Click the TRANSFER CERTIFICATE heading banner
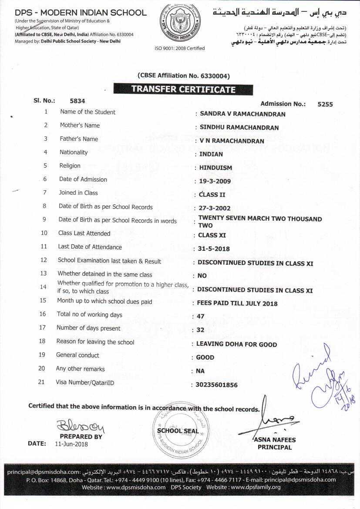pyautogui.click(x=183, y=89)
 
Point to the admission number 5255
pyautogui.click(x=325, y=104)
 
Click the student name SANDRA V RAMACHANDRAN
pyautogui.click(x=242, y=114)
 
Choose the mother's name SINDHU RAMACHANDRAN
pyautogui.click(x=239, y=128)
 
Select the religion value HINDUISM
pyautogui.click(x=215, y=168)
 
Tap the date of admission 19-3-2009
pyautogui.click(x=215, y=181)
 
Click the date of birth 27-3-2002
pyautogui.click(x=215, y=208)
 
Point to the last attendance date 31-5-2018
pyautogui.click(x=214, y=249)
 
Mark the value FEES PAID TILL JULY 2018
pyautogui.click(x=237, y=303)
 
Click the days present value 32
pyautogui.click(x=200, y=330)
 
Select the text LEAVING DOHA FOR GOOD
pyautogui.click(x=236, y=344)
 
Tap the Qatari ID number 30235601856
pyautogui.click(x=217, y=385)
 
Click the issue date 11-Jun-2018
pyautogui.click(x=71, y=444)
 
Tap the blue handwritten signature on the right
pyautogui.click(x=324, y=379)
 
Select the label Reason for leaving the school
pyautogui.click(x=95, y=342)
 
